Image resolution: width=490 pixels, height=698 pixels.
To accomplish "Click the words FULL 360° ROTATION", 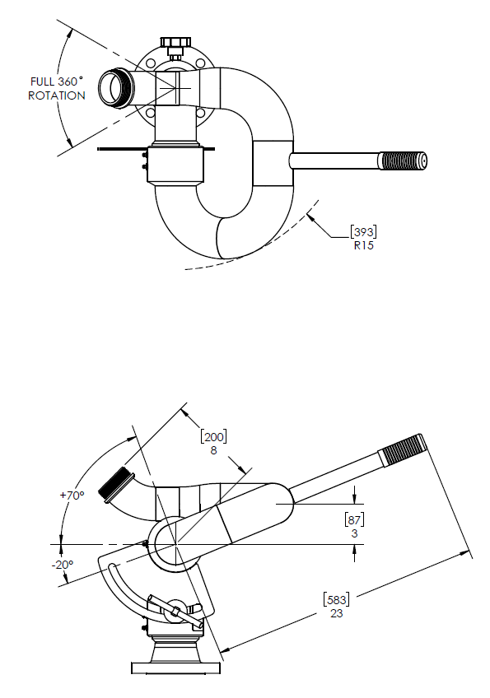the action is [57, 89].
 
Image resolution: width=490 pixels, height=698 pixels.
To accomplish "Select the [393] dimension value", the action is [363, 232].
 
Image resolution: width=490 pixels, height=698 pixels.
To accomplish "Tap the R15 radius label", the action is [364, 246].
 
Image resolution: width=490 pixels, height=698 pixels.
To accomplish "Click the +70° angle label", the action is [72, 495].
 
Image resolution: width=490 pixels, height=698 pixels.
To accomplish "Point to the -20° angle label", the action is [63, 565].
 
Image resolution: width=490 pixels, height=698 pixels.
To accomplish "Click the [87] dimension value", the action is [354, 519].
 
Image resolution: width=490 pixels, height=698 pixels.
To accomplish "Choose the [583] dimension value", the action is [336, 599].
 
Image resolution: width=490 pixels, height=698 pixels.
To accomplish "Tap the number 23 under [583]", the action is [337, 613].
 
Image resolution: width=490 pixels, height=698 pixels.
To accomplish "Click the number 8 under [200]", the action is [213, 450].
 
